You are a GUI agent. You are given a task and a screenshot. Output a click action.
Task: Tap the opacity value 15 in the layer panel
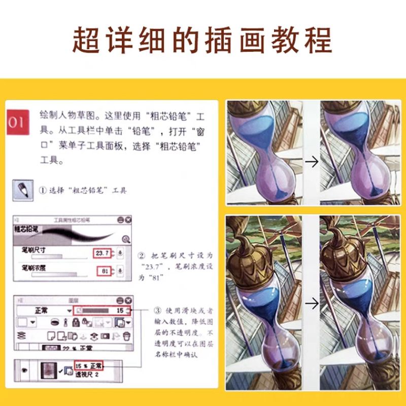point(120,310)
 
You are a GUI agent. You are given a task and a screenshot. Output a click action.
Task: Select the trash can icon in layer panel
point(127,335)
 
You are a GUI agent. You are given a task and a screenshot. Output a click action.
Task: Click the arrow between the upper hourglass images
point(312,161)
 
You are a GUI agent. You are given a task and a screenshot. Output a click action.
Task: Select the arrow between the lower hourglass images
point(312,303)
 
